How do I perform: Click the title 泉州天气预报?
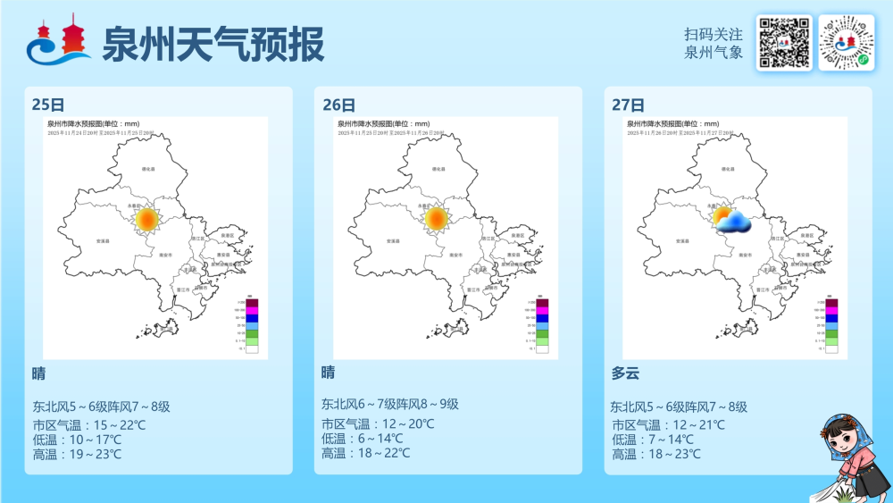click(213, 44)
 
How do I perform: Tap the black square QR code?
click(783, 42)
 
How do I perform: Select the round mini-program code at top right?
click(846, 42)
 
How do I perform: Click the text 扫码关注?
click(714, 34)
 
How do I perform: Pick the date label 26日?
click(338, 105)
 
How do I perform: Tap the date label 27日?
click(628, 105)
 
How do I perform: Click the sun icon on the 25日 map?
click(147, 219)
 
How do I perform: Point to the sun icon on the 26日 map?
click(437, 219)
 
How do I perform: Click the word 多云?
click(625, 373)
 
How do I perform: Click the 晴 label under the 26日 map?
click(329, 372)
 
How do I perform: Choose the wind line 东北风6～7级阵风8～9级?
click(390, 404)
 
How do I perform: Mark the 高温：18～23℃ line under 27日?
click(656, 454)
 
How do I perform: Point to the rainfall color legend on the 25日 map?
click(253, 324)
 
